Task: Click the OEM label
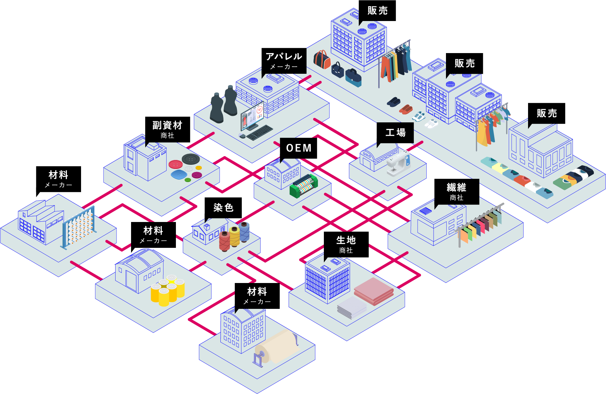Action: [299, 148]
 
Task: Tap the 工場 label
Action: [395, 133]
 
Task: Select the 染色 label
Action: [223, 208]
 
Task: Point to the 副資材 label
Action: [167, 125]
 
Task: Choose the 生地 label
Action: [346, 240]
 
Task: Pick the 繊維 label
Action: [456, 188]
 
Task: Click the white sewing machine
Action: [398, 164]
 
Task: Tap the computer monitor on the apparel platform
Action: [252, 116]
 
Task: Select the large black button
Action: [191, 159]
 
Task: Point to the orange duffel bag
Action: [322, 60]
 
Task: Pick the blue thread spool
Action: [244, 231]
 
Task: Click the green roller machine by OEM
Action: [304, 186]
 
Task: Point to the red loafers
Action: [406, 109]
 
